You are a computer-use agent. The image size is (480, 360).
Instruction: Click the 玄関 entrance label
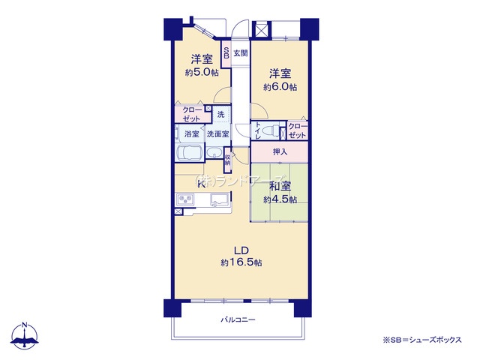pyautogui.click(x=240, y=53)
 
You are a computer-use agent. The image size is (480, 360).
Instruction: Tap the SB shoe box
pyautogui.click(x=226, y=57)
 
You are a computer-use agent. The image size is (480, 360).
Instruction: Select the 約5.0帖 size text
pyautogui.click(x=202, y=73)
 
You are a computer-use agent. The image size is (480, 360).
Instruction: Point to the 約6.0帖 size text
pyautogui.click(x=280, y=87)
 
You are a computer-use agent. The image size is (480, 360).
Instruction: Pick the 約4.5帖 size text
pyautogui.click(x=280, y=199)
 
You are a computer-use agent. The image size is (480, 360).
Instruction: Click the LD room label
pyautogui.click(x=241, y=250)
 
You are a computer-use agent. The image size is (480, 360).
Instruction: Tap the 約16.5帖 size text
pyautogui.click(x=241, y=262)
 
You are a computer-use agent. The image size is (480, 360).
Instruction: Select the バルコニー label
pyautogui.click(x=238, y=320)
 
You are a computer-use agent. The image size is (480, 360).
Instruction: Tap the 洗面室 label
pyautogui.click(x=217, y=134)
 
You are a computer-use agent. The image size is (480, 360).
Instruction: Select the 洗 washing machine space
pyautogui.click(x=220, y=115)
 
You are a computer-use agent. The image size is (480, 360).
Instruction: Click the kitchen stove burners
pyautogui.click(x=184, y=199)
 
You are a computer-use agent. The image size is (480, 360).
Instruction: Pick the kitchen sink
pyautogui.click(x=220, y=199)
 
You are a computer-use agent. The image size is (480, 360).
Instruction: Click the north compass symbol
pyautogui.click(x=25, y=334)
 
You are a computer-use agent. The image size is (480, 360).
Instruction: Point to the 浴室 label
pyautogui.click(x=192, y=134)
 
